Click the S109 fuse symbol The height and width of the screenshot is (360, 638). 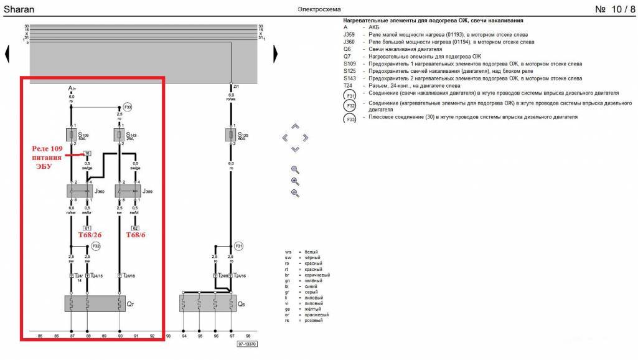click(71, 135)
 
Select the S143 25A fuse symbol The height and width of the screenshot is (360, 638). click(120, 135)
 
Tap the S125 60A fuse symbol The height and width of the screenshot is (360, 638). click(232, 135)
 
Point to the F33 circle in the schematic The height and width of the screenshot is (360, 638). click(128, 107)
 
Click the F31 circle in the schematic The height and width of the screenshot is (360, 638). click(239, 247)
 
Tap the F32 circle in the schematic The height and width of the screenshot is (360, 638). click(95, 247)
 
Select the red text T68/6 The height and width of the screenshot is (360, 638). click(135, 236)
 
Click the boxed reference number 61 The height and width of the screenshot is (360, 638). click(87, 228)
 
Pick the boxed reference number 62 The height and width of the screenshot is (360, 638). click(135, 228)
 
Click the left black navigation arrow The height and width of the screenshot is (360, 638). click(7, 54)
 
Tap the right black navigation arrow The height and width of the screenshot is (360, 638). click(274, 54)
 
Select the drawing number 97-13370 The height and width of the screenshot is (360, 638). click(247, 344)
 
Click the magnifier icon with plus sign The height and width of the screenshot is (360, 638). click(295, 181)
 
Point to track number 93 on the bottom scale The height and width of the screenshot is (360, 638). click(168, 336)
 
